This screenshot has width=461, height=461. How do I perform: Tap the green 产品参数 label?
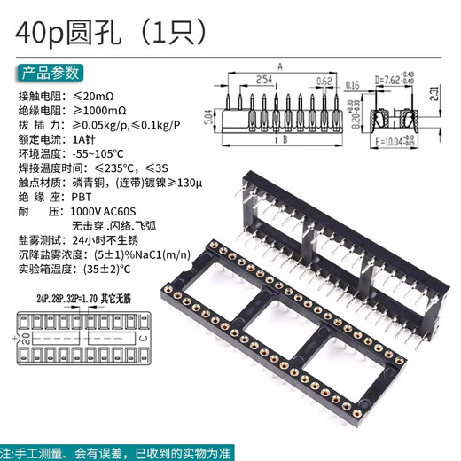pos(51,73)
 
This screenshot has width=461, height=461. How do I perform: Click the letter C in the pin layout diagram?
pos(142,339)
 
